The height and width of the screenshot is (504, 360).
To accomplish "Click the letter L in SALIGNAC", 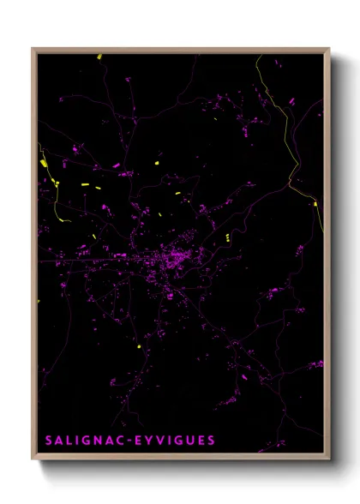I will click(71, 441).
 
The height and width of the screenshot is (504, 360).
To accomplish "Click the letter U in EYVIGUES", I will click(189, 441).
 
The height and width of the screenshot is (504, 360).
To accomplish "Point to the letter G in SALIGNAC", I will click(87, 441).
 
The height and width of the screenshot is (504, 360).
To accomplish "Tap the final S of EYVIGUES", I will click(212, 441).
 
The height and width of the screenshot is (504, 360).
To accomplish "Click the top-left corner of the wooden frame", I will click(33, 49).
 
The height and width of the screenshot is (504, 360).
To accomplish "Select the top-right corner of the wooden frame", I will click(329, 49).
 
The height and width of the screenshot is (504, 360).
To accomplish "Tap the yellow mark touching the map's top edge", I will click(99, 57).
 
